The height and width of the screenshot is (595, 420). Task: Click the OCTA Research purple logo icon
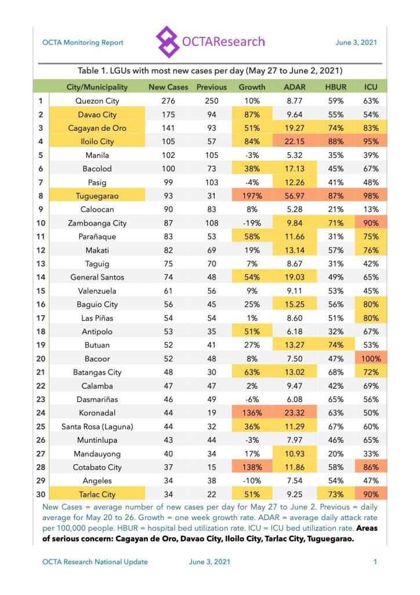point(168,42)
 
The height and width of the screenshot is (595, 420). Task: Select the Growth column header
point(252,87)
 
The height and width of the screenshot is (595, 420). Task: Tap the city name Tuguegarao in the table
point(97,196)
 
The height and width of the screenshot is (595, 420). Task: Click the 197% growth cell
point(252,196)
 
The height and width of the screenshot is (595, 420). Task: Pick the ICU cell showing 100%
point(371,359)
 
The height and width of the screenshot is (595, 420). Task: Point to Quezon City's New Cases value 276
point(168,101)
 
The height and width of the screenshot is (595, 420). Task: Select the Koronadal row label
point(97,413)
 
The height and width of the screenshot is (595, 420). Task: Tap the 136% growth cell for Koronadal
point(252,413)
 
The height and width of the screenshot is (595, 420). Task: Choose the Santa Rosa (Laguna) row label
point(97,426)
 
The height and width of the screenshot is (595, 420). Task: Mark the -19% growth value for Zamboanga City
point(252,223)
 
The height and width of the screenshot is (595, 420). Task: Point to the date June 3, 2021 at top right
point(356,42)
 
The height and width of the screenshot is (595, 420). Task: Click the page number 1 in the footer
point(375,562)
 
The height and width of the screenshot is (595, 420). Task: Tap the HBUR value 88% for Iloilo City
point(332,141)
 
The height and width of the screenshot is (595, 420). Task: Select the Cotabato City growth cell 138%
point(252,467)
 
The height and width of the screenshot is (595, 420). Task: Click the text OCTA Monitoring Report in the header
point(83,42)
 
